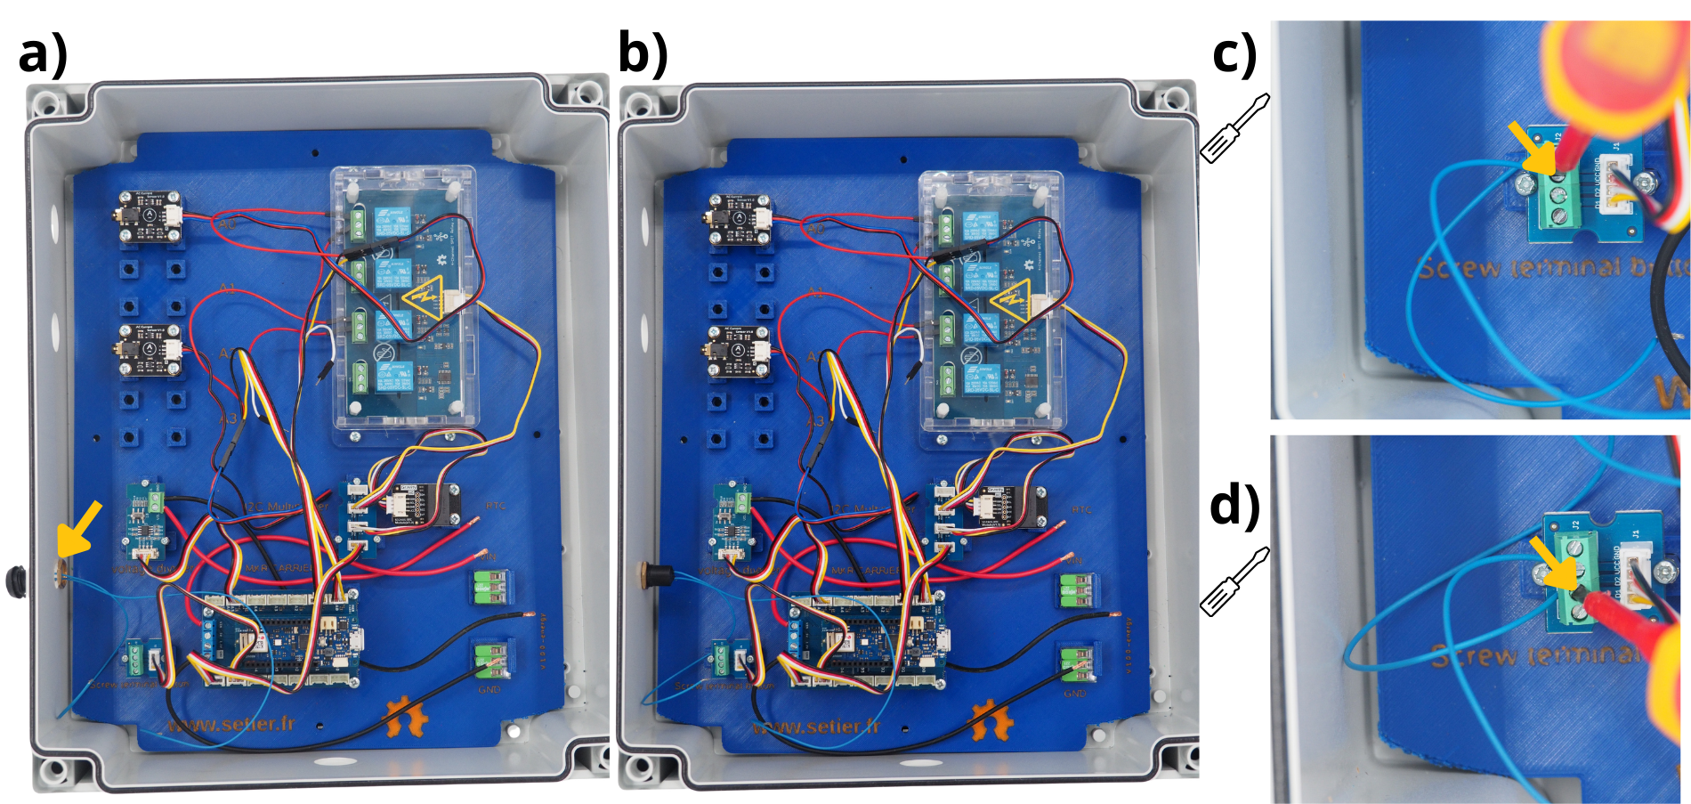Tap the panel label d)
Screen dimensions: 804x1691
pyautogui.click(x=1235, y=506)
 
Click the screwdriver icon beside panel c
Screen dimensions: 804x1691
pyautogui.click(x=1234, y=128)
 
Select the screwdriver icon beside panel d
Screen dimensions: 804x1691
pyautogui.click(x=1234, y=581)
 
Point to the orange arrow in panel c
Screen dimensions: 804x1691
pyautogui.click(x=1533, y=148)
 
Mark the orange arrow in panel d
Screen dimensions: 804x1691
pyautogui.click(x=1552, y=562)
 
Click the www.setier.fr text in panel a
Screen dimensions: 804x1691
pyautogui.click(x=231, y=724)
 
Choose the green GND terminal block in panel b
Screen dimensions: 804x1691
pyautogui.click(x=1079, y=663)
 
